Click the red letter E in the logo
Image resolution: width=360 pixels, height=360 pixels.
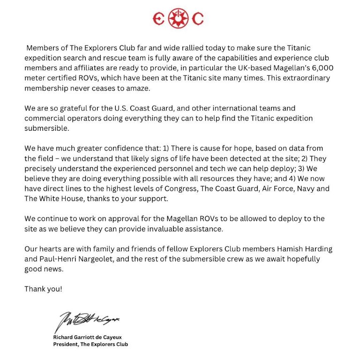(x=159, y=19)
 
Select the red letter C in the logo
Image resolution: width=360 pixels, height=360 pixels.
(x=198, y=19)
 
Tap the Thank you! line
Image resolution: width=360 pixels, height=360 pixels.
(x=43, y=289)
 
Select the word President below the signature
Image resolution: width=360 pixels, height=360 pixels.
(x=66, y=344)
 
